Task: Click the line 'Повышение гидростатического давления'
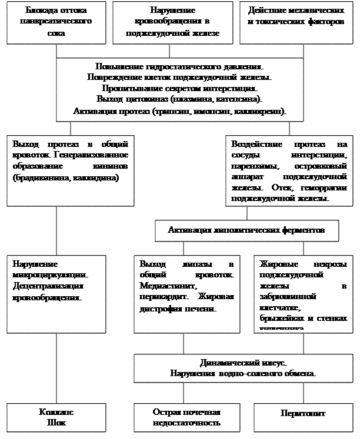[179, 68]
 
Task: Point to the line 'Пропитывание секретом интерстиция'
[179, 89]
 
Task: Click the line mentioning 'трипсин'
[179, 110]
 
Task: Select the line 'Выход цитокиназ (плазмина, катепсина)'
[179, 99]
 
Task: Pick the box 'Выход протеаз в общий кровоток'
[68, 170]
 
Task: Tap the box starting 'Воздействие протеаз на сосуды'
[289, 170]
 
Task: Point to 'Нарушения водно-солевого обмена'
[244, 374]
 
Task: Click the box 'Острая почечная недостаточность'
[186, 417]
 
